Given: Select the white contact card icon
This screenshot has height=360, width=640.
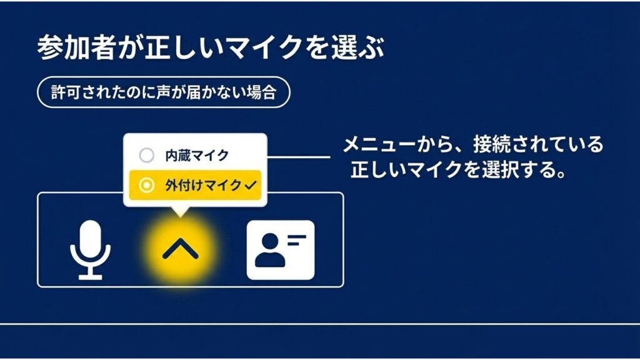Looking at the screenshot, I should pyautogui.click(x=281, y=249).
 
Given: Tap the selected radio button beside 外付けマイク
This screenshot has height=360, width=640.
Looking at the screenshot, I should pyautogui.click(x=146, y=185).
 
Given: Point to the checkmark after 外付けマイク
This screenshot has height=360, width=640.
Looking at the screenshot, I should pyautogui.click(x=252, y=185).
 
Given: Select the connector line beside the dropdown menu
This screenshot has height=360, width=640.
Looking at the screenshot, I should pyautogui.click(x=299, y=156).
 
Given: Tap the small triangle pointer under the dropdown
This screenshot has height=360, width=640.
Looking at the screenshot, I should pyautogui.click(x=181, y=211).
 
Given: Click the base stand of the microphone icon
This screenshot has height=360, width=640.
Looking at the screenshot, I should pyautogui.click(x=90, y=276).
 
